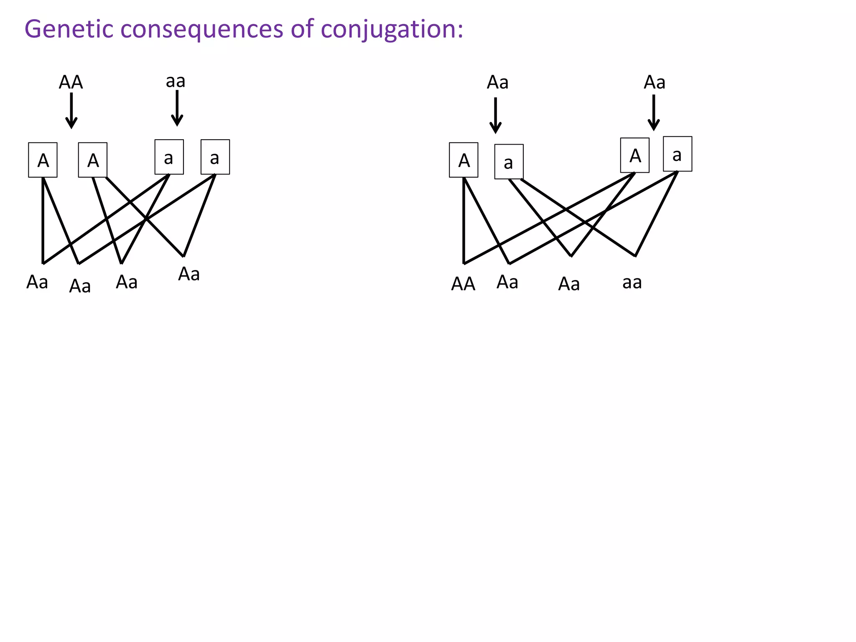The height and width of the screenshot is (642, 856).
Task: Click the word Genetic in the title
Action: click(x=69, y=30)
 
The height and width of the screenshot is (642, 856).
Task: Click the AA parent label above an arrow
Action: click(x=71, y=82)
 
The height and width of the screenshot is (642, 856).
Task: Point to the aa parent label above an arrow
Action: click(x=176, y=81)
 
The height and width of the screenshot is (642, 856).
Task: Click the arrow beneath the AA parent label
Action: click(x=71, y=110)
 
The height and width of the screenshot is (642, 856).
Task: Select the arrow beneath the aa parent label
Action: click(x=177, y=108)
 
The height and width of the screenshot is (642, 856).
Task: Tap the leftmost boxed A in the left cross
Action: click(x=43, y=160)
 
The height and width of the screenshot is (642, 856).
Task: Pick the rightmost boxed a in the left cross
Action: click(x=215, y=157)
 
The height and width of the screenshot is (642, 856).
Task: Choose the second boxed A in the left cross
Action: click(x=93, y=160)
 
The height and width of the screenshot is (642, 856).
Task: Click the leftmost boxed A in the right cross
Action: click(x=464, y=160)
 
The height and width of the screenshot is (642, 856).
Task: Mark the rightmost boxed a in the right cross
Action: click(x=678, y=154)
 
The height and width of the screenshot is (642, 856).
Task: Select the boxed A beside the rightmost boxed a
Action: click(x=635, y=155)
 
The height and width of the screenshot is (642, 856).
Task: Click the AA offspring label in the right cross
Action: click(x=463, y=284)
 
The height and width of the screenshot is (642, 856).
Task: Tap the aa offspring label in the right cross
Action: click(x=632, y=283)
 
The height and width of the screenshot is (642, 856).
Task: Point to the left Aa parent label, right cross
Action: click(x=497, y=82)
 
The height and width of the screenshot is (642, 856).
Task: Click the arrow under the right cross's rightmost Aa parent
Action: click(x=654, y=113)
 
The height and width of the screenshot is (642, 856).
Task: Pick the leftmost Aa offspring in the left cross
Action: click(x=37, y=282)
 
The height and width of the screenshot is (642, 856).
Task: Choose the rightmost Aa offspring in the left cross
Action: click(x=189, y=274)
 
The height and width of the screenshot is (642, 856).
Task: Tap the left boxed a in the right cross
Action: click(x=509, y=162)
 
